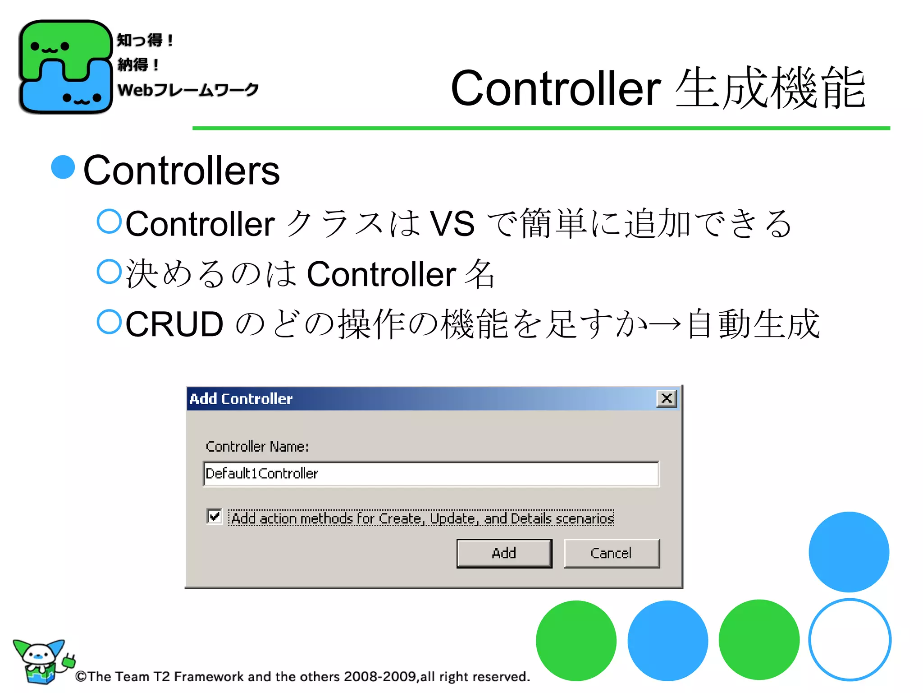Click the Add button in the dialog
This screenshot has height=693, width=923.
point(504,553)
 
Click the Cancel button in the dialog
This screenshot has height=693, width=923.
point(611,553)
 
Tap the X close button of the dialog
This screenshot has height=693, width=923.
point(667,398)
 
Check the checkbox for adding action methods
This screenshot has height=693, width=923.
point(215,516)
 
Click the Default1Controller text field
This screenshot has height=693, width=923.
point(430,474)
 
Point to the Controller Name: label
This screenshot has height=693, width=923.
point(257,447)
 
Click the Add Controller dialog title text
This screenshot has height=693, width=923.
point(241,399)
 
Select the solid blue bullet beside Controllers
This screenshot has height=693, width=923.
point(63,167)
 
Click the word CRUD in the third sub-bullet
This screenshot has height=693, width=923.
point(174,324)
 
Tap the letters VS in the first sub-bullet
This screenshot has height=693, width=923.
point(452,224)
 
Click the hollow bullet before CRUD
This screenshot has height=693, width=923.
point(109,322)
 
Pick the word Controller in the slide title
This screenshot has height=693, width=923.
point(556,88)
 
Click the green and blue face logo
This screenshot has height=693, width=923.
point(65,67)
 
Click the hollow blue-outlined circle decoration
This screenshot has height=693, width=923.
point(850,640)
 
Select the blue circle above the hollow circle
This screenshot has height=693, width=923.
point(849,552)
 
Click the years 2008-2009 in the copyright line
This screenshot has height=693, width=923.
point(380,676)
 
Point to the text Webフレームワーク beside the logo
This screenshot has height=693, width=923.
point(188,89)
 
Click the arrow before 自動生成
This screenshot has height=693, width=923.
point(665,323)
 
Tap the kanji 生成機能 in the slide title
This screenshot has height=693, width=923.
point(770,88)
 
